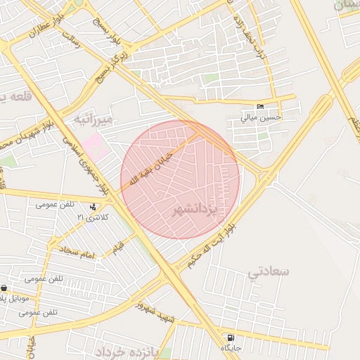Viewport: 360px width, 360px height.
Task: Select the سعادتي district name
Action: [x=268, y=271]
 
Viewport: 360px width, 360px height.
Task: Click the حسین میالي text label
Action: [x=261, y=117]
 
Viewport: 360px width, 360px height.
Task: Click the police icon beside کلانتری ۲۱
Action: [x=94, y=207]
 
